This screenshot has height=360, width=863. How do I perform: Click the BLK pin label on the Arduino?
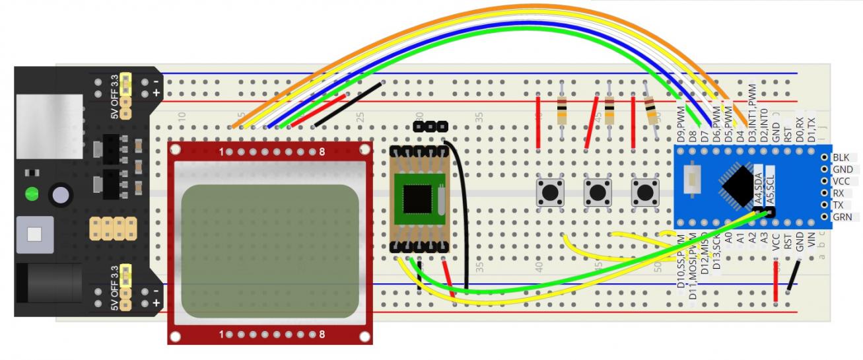pyautogui.click(x=841, y=157)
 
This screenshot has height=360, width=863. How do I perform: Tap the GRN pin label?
pyautogui.click(x=842, y=217)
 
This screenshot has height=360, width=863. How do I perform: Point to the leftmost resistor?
pyautogui.click(x=562, y=110)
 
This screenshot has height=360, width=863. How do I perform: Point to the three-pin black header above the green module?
pyautogui.click(x=430, y=126)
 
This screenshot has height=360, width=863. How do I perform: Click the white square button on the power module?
pyautogui.click(x=36, y=234)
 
